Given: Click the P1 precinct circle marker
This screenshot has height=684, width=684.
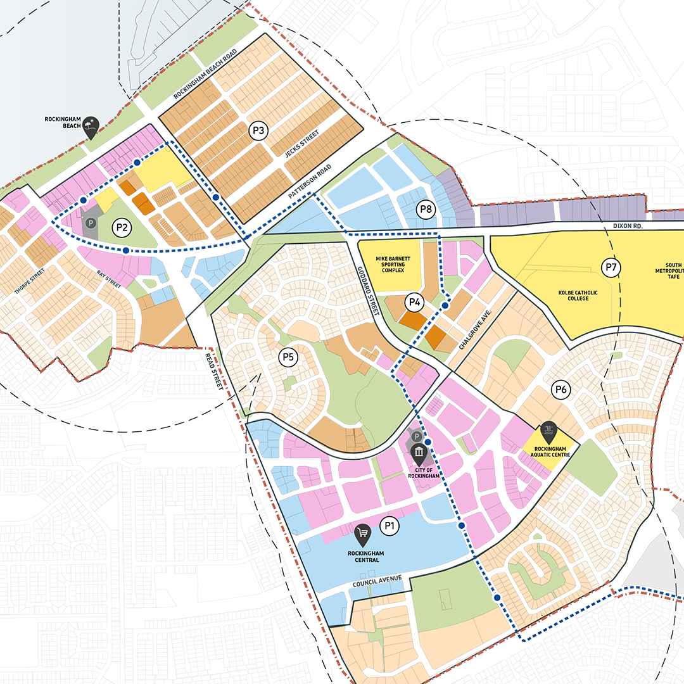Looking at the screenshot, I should click(x=389, y=524).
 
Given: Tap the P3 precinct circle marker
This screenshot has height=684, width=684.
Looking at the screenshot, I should click(x=258, y=131).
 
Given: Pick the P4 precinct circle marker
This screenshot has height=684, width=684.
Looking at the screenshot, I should click(x=415, y=302).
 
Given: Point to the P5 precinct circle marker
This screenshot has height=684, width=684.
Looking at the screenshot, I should click(x=288, y=357).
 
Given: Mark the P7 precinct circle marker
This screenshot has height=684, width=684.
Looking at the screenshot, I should click(x=611, y=267).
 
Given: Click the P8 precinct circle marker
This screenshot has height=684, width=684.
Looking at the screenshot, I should click(x=426, y=208).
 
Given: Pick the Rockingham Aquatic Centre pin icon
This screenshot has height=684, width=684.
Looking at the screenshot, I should click(x=548, y=433).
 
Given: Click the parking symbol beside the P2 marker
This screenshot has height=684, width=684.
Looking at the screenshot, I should click(x=91, y=223).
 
